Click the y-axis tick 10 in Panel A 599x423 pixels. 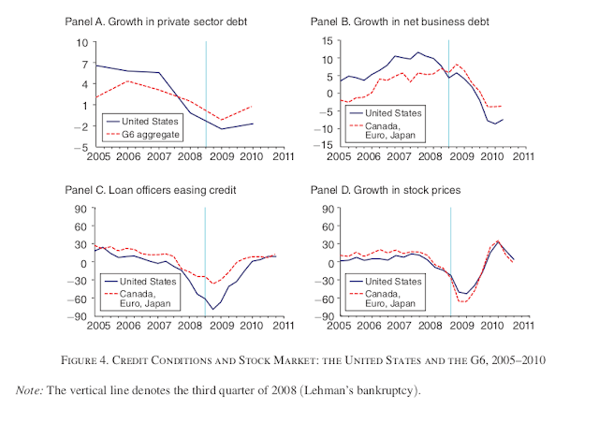[x=81, y=42]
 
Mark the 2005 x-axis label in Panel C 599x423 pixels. [x=97, y=327]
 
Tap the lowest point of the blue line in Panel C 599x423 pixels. [x=214, y=309]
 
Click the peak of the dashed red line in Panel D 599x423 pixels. [x=497, y=241]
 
